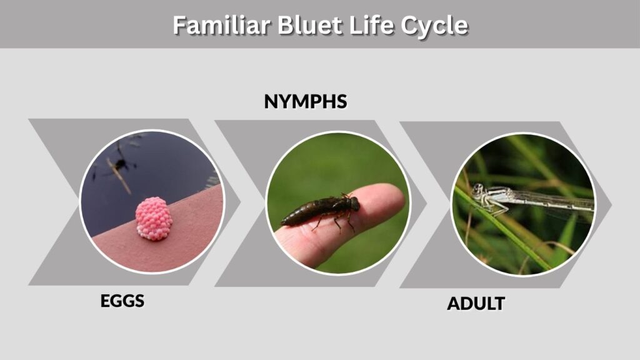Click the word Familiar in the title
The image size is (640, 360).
click(221, 25)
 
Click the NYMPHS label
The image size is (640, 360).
click(306, 102)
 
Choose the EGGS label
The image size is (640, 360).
click(122, 301)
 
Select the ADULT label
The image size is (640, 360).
click(476, 304)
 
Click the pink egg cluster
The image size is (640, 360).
click(154, 219)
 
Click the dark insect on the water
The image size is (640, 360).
click(121, 164)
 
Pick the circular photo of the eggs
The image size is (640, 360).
click(152, 202)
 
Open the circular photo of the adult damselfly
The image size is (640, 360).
click(523, 204)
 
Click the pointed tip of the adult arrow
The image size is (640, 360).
click(611, 204)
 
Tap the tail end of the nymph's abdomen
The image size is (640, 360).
click(282, 223)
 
